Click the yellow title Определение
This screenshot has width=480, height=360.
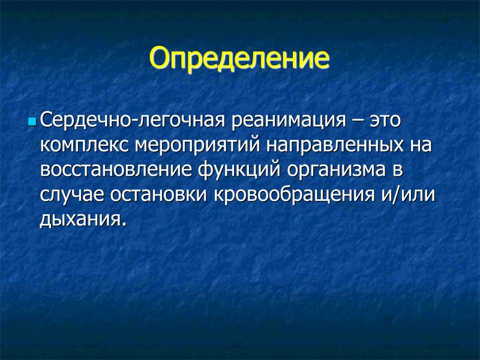click(239, 58)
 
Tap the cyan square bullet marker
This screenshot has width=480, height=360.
click(32, 122)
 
